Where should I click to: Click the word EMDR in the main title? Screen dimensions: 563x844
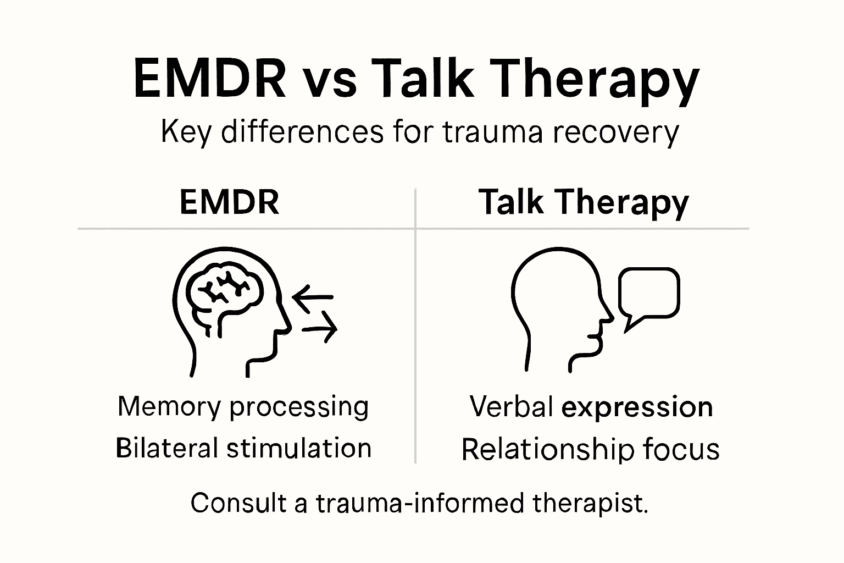coord(209,80)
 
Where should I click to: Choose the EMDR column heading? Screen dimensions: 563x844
coord(229,202)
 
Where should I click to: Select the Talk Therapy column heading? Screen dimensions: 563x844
coord(584,202)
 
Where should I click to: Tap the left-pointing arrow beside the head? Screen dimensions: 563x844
coord(312,297)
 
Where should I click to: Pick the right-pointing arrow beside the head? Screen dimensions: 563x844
coord(320,329)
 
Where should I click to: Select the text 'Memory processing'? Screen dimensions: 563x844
coord(243,407)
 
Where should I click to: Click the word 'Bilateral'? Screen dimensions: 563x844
coord(167,448)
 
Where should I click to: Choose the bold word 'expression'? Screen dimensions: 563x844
coord(637,408)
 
